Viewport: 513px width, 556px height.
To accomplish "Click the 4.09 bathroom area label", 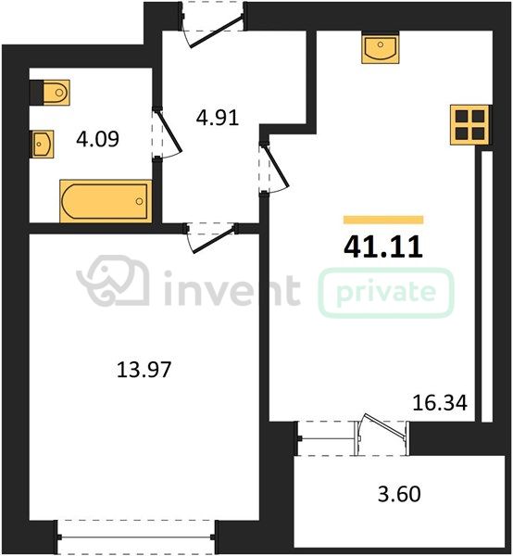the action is (97, 139).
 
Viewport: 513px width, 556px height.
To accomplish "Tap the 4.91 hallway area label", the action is (218, 118).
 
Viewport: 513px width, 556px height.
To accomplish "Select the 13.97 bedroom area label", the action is (144, 370).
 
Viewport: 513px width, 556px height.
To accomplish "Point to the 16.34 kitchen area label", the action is (440, 403).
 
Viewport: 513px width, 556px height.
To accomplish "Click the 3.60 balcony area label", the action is (399, 494).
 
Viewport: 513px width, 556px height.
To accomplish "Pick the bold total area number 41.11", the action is (383, 246).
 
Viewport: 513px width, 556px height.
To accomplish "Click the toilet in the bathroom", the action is (56, 93).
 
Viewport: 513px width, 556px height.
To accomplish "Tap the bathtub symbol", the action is (106, 201).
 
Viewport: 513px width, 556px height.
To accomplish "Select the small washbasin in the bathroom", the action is (42, 145).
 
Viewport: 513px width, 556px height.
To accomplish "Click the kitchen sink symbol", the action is (381, 47).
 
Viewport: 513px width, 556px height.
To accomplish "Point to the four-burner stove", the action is (469, 125).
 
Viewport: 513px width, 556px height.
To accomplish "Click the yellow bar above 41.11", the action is (383, 220).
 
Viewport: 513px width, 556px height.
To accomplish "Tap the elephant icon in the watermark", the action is (113, 280).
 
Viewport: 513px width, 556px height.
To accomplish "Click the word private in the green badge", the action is (386, 293).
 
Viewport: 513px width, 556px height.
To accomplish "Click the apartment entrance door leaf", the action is (216, 32).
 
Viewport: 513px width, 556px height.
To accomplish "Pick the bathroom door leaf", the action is (169, 132).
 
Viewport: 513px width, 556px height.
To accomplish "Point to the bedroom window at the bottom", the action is (136, 537).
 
